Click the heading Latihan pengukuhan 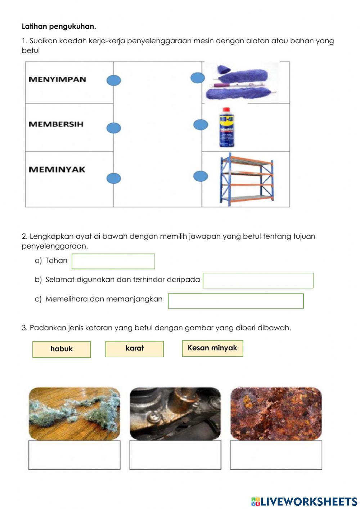(59, 26)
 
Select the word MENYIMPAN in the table (57, 79)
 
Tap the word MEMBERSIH (56, 124)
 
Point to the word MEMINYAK (57, 169)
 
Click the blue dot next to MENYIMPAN (113, 80)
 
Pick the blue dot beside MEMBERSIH (113, 128)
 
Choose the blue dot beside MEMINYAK (113, 178)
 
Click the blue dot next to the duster (197, 78)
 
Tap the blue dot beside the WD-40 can (201, 125)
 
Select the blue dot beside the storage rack (201, 176)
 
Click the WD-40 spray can (227, 127)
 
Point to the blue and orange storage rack (247, 179)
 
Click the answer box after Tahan (113, 261)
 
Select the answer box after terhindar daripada (258, 281)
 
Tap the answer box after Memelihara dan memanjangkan (235, 301)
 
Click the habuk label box (62, 349)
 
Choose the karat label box (134, 349)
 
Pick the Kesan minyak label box (212, 348)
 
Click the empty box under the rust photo (276, 455)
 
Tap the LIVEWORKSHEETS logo (304, 501)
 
